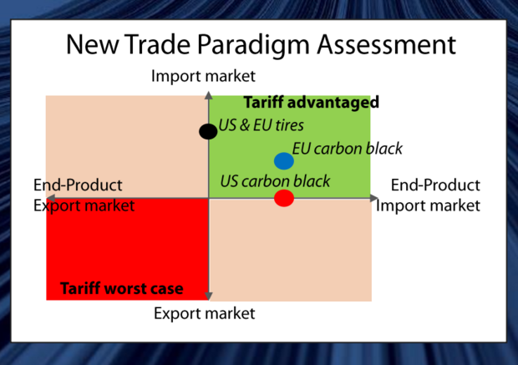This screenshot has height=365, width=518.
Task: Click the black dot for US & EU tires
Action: tap(208, 131)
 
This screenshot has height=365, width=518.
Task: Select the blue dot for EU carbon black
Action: tap(284, 161)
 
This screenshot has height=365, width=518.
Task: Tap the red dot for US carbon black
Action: tap(284, 198)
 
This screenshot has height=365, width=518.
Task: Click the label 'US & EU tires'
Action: tap(261, 125)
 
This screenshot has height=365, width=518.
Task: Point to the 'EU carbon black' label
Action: tap(348, 149)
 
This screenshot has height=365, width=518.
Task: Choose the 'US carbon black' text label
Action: tap(275, 181)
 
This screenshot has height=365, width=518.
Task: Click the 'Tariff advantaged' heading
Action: tap(311, 103)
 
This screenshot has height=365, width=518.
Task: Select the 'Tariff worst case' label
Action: tap(122, 288)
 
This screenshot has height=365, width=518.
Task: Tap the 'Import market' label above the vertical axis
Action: tap(203, 76)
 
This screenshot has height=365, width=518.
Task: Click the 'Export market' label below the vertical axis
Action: tap(205, 313)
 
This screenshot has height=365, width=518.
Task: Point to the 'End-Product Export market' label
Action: tap(84, 195)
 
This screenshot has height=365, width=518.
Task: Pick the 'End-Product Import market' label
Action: tap(428, 195)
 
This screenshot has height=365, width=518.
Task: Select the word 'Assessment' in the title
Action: tap(387, 44)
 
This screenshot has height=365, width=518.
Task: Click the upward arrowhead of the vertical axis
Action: tap(209, 95)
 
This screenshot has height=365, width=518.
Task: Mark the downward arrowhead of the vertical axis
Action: tap(209, 296)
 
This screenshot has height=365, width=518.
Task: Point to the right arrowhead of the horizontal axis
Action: tap(374, 198)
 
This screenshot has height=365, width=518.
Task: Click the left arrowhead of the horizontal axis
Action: tap(50, 198)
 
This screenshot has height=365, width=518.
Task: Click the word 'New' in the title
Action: tap(92, 44)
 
